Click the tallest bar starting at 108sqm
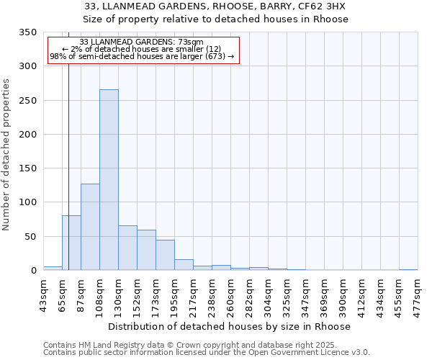tap(109, 180)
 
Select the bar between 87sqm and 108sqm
tap(90, 227)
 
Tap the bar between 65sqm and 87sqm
tap(71, 243)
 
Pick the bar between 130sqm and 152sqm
tap(127, 248)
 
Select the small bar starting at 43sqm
tap(53, 268)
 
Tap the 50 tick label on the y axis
tap(30, 237)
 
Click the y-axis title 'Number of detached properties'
tap(6, 155)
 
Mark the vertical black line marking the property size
tap(68, 144)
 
